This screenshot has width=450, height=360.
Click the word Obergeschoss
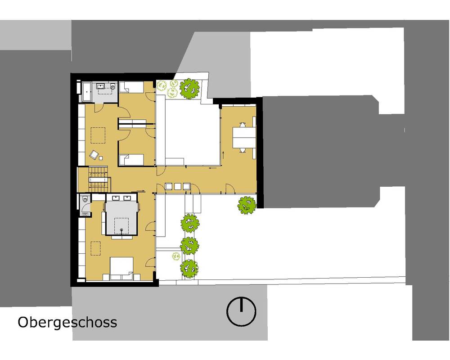[67, 322]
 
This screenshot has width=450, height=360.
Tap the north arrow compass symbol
[241, 311]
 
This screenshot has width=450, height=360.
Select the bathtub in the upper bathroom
[87, 92]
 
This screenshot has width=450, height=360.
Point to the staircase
[98, 180]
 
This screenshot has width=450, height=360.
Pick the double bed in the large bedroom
[122, 268]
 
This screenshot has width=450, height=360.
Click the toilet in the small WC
[85, 198]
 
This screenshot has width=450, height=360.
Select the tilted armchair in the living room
[94, 154]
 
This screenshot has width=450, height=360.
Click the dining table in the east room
[244, 137]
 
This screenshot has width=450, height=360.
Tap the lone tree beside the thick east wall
[247, 205]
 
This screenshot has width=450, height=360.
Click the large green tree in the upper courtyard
[189, 88]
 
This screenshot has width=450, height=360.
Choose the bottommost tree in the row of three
[189, 268]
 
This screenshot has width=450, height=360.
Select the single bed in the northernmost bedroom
[131, 87]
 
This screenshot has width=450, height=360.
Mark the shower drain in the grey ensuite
[121, 229]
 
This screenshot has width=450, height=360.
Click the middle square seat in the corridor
[178, 186]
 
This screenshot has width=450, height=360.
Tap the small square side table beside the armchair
[101, 157]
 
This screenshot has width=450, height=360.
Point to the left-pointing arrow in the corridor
[213, 168]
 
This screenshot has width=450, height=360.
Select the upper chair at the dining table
[243, 125]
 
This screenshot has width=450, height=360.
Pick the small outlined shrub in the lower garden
[176, 256]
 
